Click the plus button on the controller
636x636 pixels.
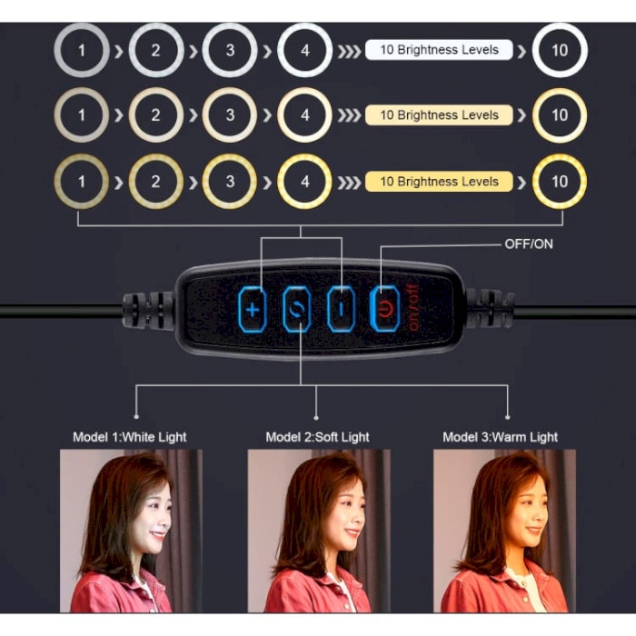[x=253, y=310]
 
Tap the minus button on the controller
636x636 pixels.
[x=341, y=310]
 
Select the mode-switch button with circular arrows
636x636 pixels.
[x=297, y=310]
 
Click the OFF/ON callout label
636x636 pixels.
[x=529, y=243]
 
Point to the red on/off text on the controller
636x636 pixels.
[x=412, y=308]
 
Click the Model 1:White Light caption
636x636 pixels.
[x=129, y=437]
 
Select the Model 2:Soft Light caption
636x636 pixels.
[x=317, y=437]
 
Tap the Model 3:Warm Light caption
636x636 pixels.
[x=500, y=437]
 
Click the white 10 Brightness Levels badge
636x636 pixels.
[x=439, y=50]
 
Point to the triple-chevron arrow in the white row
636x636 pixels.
[x=349, y=52]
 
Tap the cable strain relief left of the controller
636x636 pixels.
[x=149, y=311]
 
